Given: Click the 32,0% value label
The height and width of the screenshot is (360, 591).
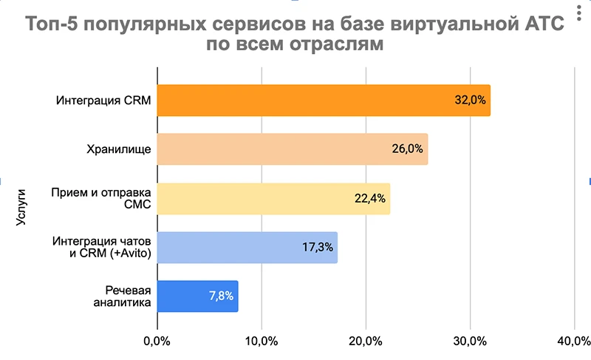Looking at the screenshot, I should (x=471, y=101).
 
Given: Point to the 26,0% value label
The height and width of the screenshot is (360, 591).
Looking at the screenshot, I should (x=408, y=149).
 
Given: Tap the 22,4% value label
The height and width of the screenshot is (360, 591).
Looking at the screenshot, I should (x=370, y=198).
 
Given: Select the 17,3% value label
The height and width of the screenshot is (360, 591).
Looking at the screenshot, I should (x=317, y=248).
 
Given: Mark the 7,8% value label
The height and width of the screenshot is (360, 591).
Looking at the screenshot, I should (x=220, y=296).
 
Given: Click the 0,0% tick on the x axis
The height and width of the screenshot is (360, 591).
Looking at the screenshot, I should (x=157, y=341).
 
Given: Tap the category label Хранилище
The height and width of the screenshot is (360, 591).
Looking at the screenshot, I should (x=119, y=149).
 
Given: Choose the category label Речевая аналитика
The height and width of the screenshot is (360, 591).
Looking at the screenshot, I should (x=123, y=296).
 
